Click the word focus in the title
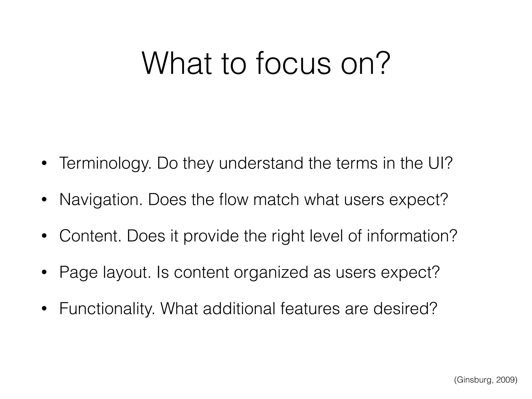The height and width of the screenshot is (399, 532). (x=293, y=64)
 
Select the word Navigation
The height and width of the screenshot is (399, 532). (x=101, y=200)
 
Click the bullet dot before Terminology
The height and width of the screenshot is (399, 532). (x=44, y=164)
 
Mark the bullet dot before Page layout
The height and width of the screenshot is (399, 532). (x=44, y=272)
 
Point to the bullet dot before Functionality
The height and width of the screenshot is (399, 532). (x=44, y=309)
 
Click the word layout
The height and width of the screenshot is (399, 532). (x=127, y=273)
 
